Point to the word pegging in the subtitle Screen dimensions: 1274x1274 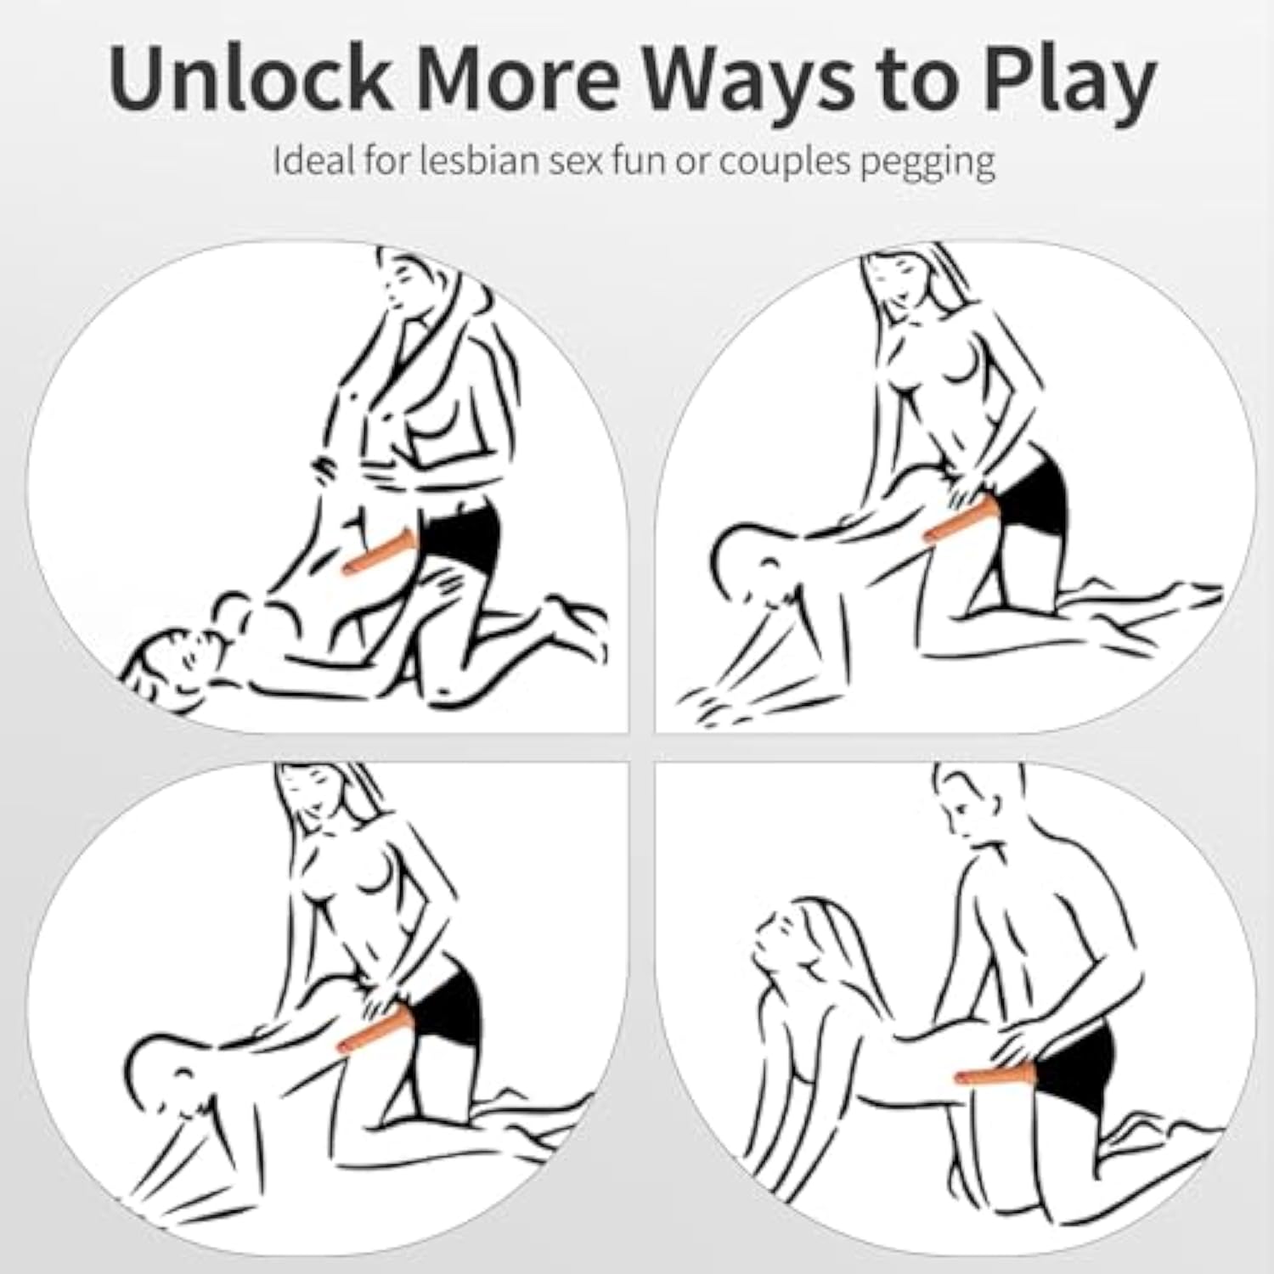click(x=928, y=164)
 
